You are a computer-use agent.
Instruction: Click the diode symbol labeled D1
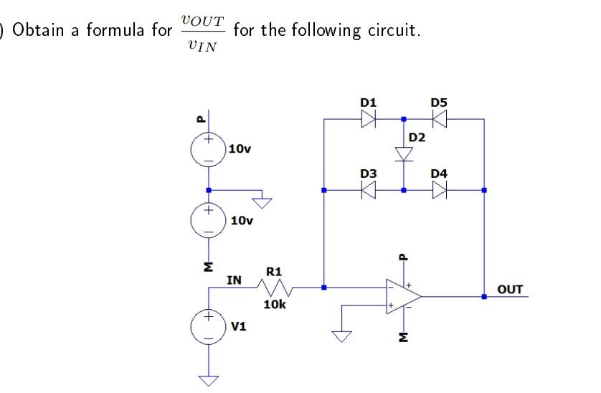369,120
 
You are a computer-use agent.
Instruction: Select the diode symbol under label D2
404,153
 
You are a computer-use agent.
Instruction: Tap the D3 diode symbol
369,190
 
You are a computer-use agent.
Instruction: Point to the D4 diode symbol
439,190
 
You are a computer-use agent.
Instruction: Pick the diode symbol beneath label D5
439,120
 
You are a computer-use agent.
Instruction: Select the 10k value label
275,305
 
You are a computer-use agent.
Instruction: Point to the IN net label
233,279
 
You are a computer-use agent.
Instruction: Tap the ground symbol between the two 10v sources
265,202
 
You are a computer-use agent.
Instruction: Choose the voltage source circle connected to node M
209,219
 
